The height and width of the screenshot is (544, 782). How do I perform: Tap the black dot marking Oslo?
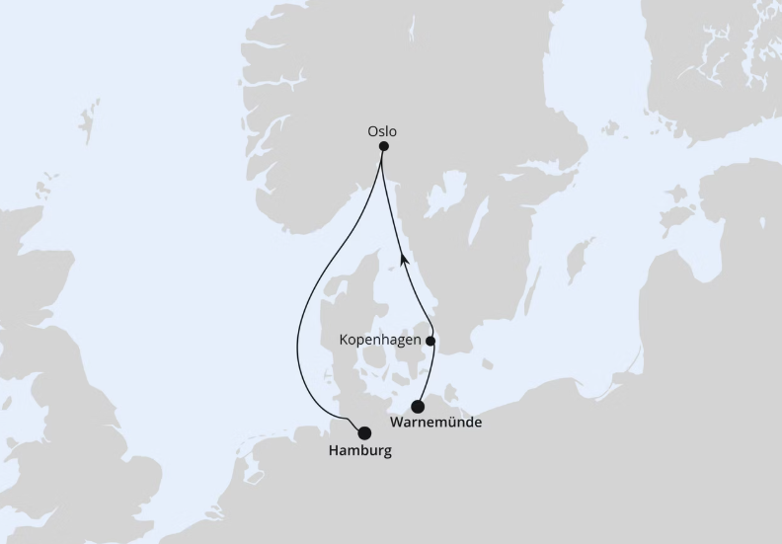pos(384,147)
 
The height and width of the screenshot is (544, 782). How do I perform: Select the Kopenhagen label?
pos(380,340)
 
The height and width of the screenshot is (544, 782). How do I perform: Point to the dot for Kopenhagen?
pos(430,341)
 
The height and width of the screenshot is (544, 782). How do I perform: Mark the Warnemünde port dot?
pos(419,406)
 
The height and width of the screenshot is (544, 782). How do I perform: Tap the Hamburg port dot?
pos(364,432)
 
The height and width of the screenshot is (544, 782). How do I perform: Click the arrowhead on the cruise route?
pos(404,259)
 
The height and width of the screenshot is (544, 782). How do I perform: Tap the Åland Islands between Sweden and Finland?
pos(611,128)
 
